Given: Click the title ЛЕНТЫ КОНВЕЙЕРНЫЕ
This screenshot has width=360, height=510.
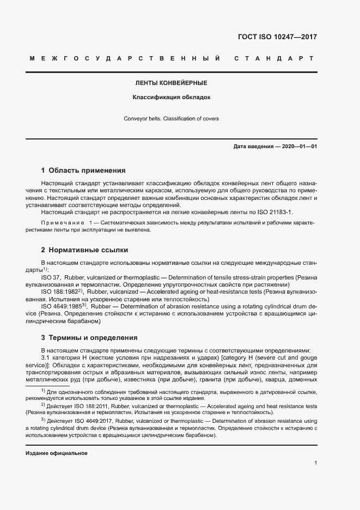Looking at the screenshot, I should pos(172,83).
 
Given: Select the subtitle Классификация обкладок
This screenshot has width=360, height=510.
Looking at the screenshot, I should pos(172,98).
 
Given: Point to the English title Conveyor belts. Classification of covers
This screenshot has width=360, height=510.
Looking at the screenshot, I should pos(172,118).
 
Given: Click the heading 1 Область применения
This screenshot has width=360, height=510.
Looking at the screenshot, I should pos(83,170).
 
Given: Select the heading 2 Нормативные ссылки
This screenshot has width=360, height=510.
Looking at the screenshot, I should pos(84,250).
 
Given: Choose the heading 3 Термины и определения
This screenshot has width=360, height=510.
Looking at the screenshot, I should pos(90,338).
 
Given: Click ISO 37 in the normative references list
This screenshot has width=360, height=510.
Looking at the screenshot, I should pos(51,277).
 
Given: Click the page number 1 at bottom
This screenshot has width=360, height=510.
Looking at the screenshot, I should pos(316,463).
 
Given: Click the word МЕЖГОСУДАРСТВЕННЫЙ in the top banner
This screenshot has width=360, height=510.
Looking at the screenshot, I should pos(124,58).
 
